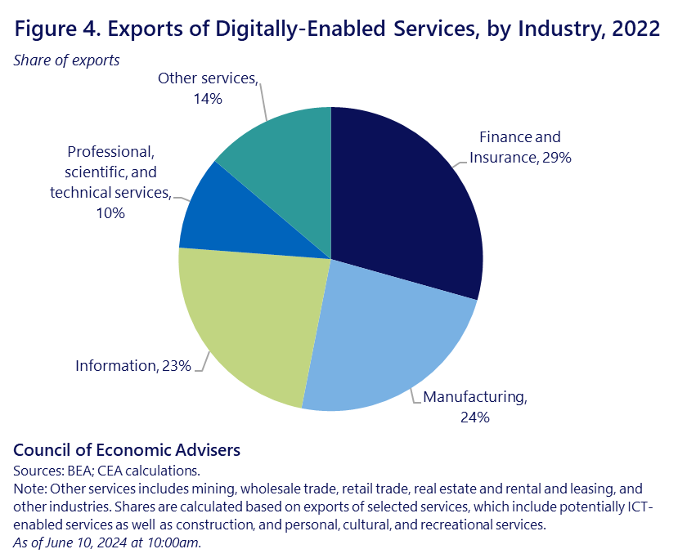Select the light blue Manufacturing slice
pos(384,343)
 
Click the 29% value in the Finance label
pos(555,158)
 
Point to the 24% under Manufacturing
pos(474,417)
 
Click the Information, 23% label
pos(132,366)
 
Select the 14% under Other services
pos(209,99)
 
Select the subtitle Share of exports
pos(66,60)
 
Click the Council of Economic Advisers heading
pos(127,450)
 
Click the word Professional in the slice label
pos(110,152)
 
